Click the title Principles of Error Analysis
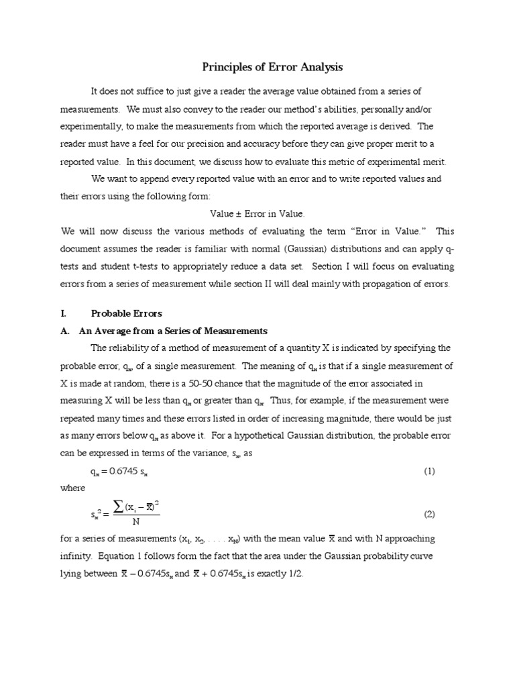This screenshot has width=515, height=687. coord(272,67)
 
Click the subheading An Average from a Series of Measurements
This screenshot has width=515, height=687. coord(173,331)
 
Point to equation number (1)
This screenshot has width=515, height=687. coord(429,471)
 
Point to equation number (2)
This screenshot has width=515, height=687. coord(429,515)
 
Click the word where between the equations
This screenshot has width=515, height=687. coord(73,488)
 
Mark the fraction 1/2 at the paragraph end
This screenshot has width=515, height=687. coord(296,575)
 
